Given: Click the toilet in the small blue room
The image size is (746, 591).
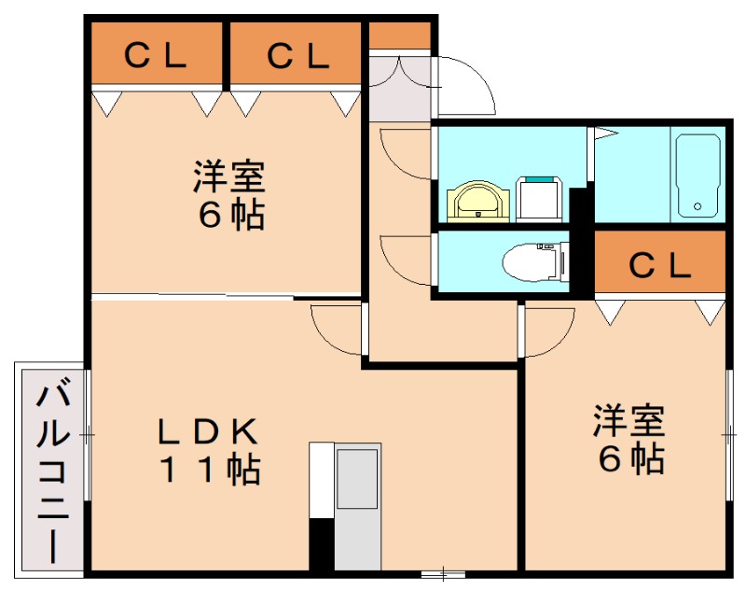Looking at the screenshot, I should pyautogui.click(x=532, y=261).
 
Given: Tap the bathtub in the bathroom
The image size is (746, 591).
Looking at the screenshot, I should pyautogui.click(x=697, y=176).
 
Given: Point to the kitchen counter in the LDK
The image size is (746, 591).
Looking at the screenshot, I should pyautogui.click(x=355, y=505).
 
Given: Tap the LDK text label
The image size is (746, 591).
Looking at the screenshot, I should pyautogui.click(x=206, y=431).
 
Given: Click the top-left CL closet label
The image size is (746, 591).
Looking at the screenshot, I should pyautogui.click(x=156, y=57).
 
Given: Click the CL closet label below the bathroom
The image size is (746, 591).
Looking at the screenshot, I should pyautogui.click(x=659, y=265).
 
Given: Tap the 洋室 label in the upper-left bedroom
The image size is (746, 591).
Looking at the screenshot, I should pyautogui.click(x=229, y=176).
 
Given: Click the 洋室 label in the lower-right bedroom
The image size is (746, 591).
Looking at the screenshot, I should pyautogui.click(x=629, y=420).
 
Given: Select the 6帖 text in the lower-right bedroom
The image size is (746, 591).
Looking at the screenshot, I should pyautogui.click(x=629, y=458).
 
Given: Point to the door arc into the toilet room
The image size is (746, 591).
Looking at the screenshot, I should pyautogui.click(x=403, y=257).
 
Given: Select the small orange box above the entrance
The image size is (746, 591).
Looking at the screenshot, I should pyautogui.click(x=400, y=35).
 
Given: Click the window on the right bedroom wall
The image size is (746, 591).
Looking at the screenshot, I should pyautogui.click(x=728, y=435).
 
